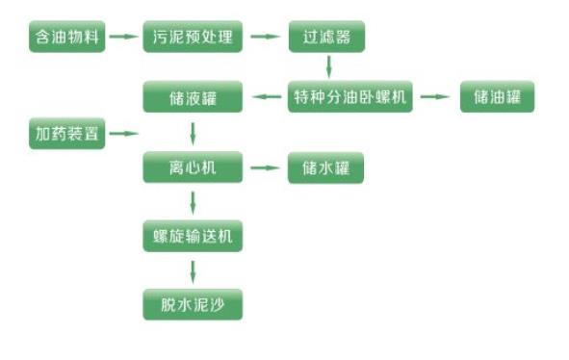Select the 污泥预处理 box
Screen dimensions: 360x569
[193, 38]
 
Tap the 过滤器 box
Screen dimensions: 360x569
[327, 38]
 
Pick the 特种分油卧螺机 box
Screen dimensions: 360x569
[350, 97]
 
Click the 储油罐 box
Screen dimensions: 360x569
[497, 97]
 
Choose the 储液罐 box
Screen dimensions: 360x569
[193, 97]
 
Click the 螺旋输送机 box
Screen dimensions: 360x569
[193, 237]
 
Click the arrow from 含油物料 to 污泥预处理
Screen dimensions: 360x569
[123, 38]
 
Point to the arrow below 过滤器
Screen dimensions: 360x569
[329, 66]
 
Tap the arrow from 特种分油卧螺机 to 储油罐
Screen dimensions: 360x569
[435, 97]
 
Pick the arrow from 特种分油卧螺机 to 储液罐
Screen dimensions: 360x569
[265, 97]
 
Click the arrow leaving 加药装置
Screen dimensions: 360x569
[124, 134]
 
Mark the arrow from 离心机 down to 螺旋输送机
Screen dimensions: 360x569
[194, 202]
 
